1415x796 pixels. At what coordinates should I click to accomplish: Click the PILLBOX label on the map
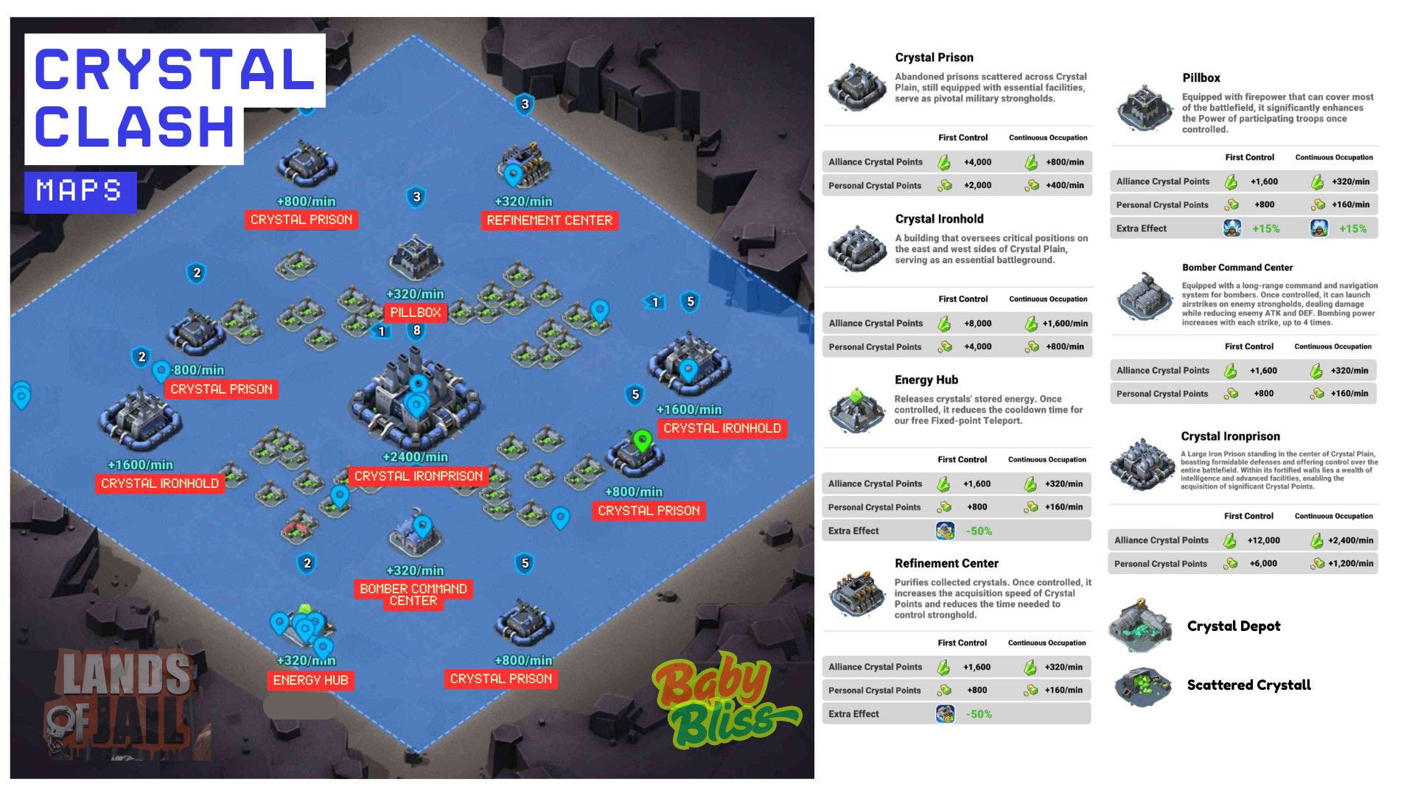coord(416,313)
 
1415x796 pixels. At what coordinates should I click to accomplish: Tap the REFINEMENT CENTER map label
coord(550,220)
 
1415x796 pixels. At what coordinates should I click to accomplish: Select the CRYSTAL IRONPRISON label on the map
coord(419,476)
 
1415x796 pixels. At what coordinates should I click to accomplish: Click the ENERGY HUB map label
coord(310,680)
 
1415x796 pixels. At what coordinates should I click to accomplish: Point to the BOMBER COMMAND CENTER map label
coord(413,595)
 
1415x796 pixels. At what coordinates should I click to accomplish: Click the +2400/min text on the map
coord(415,457)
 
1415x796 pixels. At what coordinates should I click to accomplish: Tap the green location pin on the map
coord(643,441)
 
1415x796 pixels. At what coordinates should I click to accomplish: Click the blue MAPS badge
coord(80,192)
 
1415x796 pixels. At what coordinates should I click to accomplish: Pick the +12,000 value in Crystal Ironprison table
coord(1264,540)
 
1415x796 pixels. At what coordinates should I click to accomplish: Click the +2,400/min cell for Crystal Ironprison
coord(1351,540)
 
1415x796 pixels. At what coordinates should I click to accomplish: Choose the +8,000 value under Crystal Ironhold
coord(978,324)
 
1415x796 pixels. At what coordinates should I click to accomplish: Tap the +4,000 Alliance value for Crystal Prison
coord(978,162)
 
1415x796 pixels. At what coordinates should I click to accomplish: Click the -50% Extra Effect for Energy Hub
coord(979,531)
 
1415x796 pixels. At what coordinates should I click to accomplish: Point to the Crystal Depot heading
coord(1234,626)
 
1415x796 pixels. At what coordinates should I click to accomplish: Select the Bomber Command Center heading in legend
coord(1237,268)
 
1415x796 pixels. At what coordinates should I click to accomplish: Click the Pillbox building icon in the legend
coord(1145,108)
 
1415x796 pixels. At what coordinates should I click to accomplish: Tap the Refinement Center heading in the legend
coord(946,563)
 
